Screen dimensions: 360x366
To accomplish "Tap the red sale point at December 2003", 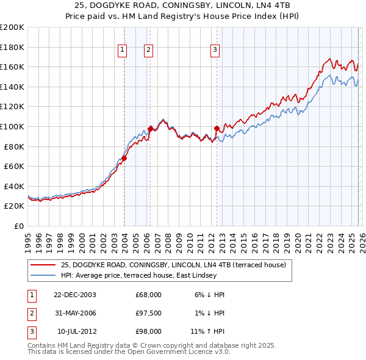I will tap(124, 158).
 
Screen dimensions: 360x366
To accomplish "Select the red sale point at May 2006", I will tap(150, 129).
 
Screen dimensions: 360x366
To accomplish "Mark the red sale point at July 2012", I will tap(217, 128).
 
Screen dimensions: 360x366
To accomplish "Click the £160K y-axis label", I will tap(12, 67).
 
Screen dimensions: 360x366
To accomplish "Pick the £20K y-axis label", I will tap(14, 206).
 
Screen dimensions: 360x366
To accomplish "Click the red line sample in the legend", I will tap(44, 265).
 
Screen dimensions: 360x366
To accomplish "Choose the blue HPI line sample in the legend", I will tap(44, 275).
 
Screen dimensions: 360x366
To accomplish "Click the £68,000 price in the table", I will tap(148, 295).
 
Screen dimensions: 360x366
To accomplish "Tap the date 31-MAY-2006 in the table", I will tap(75, 313).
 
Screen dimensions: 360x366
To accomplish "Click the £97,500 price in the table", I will tap(148, 313).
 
